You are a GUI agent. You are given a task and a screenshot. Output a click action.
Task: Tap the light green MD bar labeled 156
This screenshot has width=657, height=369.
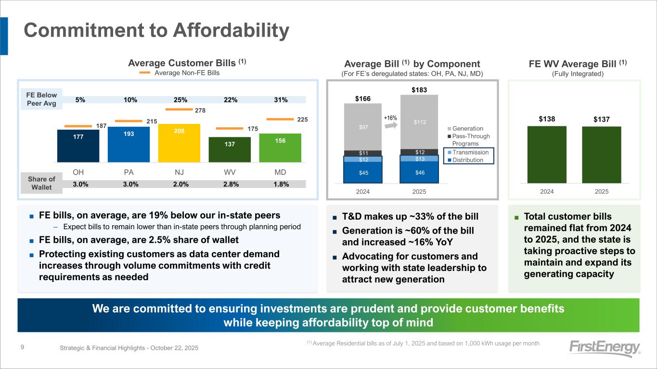click(x=280, y=148)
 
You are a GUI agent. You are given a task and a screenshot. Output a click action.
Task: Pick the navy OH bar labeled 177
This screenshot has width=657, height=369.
click(x=78, y=146)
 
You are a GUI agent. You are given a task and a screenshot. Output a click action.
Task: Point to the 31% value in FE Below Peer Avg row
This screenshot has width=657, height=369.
click(x=280, y=100)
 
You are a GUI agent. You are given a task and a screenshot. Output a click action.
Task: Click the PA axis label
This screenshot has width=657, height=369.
click(x=129, y=172)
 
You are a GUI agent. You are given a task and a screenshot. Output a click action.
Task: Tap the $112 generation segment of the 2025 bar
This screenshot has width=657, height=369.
click(x=419, y=122)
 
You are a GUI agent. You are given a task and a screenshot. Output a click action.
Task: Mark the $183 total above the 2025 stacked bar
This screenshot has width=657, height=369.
click(x=419, y=90)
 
